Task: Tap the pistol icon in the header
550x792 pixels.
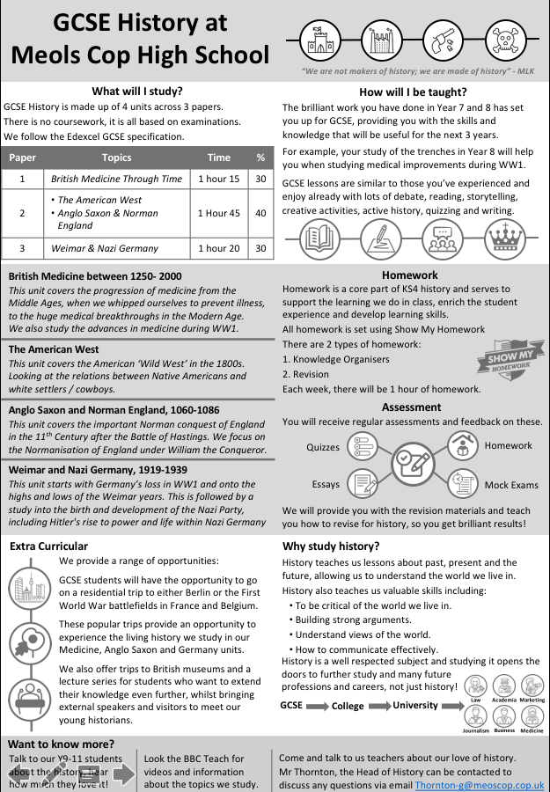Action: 440,39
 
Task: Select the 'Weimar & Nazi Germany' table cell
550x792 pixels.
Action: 116,248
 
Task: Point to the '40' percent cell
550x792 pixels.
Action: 260,213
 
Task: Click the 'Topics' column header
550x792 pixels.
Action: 116,158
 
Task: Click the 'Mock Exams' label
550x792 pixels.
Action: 511,485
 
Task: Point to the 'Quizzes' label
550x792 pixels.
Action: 323,447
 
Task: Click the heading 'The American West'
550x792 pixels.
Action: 54,349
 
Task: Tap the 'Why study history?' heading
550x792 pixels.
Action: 331,546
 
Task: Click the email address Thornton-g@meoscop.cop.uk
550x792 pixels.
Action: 479,784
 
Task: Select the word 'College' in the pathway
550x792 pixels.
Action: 348,706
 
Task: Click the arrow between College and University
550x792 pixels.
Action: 379,706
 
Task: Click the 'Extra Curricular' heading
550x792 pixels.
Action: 49,546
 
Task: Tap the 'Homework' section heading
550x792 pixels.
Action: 410,275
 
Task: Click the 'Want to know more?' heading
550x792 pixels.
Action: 62,744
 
